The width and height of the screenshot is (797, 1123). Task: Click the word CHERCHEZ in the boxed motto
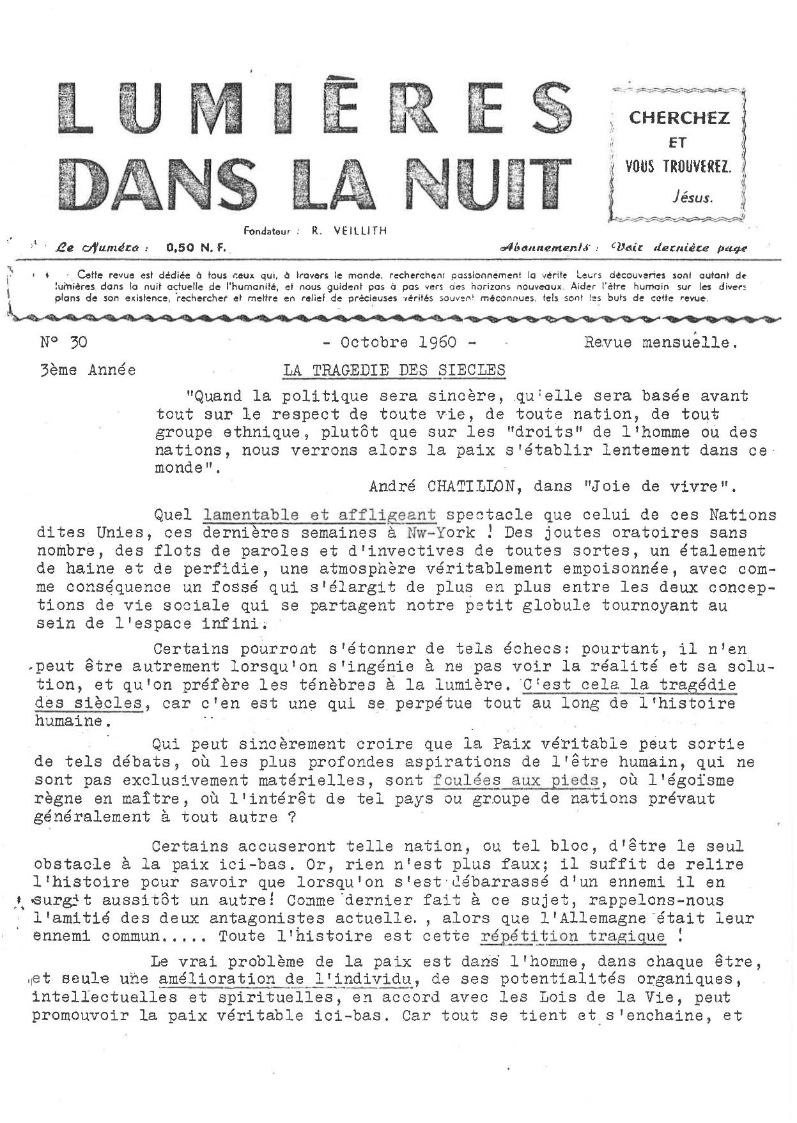(x=679, y=118)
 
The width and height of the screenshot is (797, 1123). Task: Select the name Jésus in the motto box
(x=693, y=197)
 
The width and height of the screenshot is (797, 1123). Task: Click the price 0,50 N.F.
(x=196, y=247)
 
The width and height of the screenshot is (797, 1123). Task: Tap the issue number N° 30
(x=64, y=342)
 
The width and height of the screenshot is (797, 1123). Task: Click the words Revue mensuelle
(x=661, y=343)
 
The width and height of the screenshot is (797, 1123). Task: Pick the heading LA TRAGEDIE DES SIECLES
(x=394, y=370)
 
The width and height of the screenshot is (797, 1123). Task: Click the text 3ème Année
(x=88, y=370)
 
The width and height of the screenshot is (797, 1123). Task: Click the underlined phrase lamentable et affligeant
(x=320, y=514)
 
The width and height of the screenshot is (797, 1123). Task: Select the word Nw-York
(x=441, y=532)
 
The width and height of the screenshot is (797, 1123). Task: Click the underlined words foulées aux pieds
(x=516, y=780)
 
